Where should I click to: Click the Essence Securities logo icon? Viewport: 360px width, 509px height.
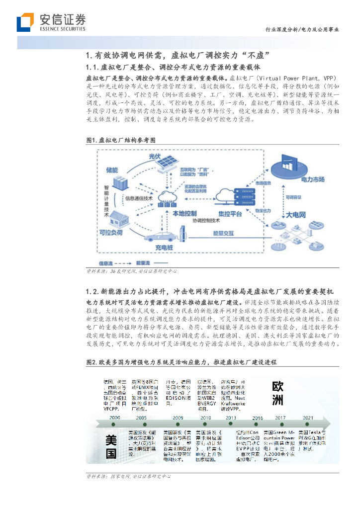pyautogui.click(x=25, y=22)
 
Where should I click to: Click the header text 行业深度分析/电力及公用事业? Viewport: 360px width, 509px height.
pyautogui.click(x=302, y=30)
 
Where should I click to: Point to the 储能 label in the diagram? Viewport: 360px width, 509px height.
pyautogui.click(x=112, y=170)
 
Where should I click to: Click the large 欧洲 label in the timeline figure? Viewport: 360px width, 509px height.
pyautogui.click(x=278, y=392)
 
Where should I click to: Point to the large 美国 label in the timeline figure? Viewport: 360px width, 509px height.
pyautogui.click(x=111, y=446)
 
